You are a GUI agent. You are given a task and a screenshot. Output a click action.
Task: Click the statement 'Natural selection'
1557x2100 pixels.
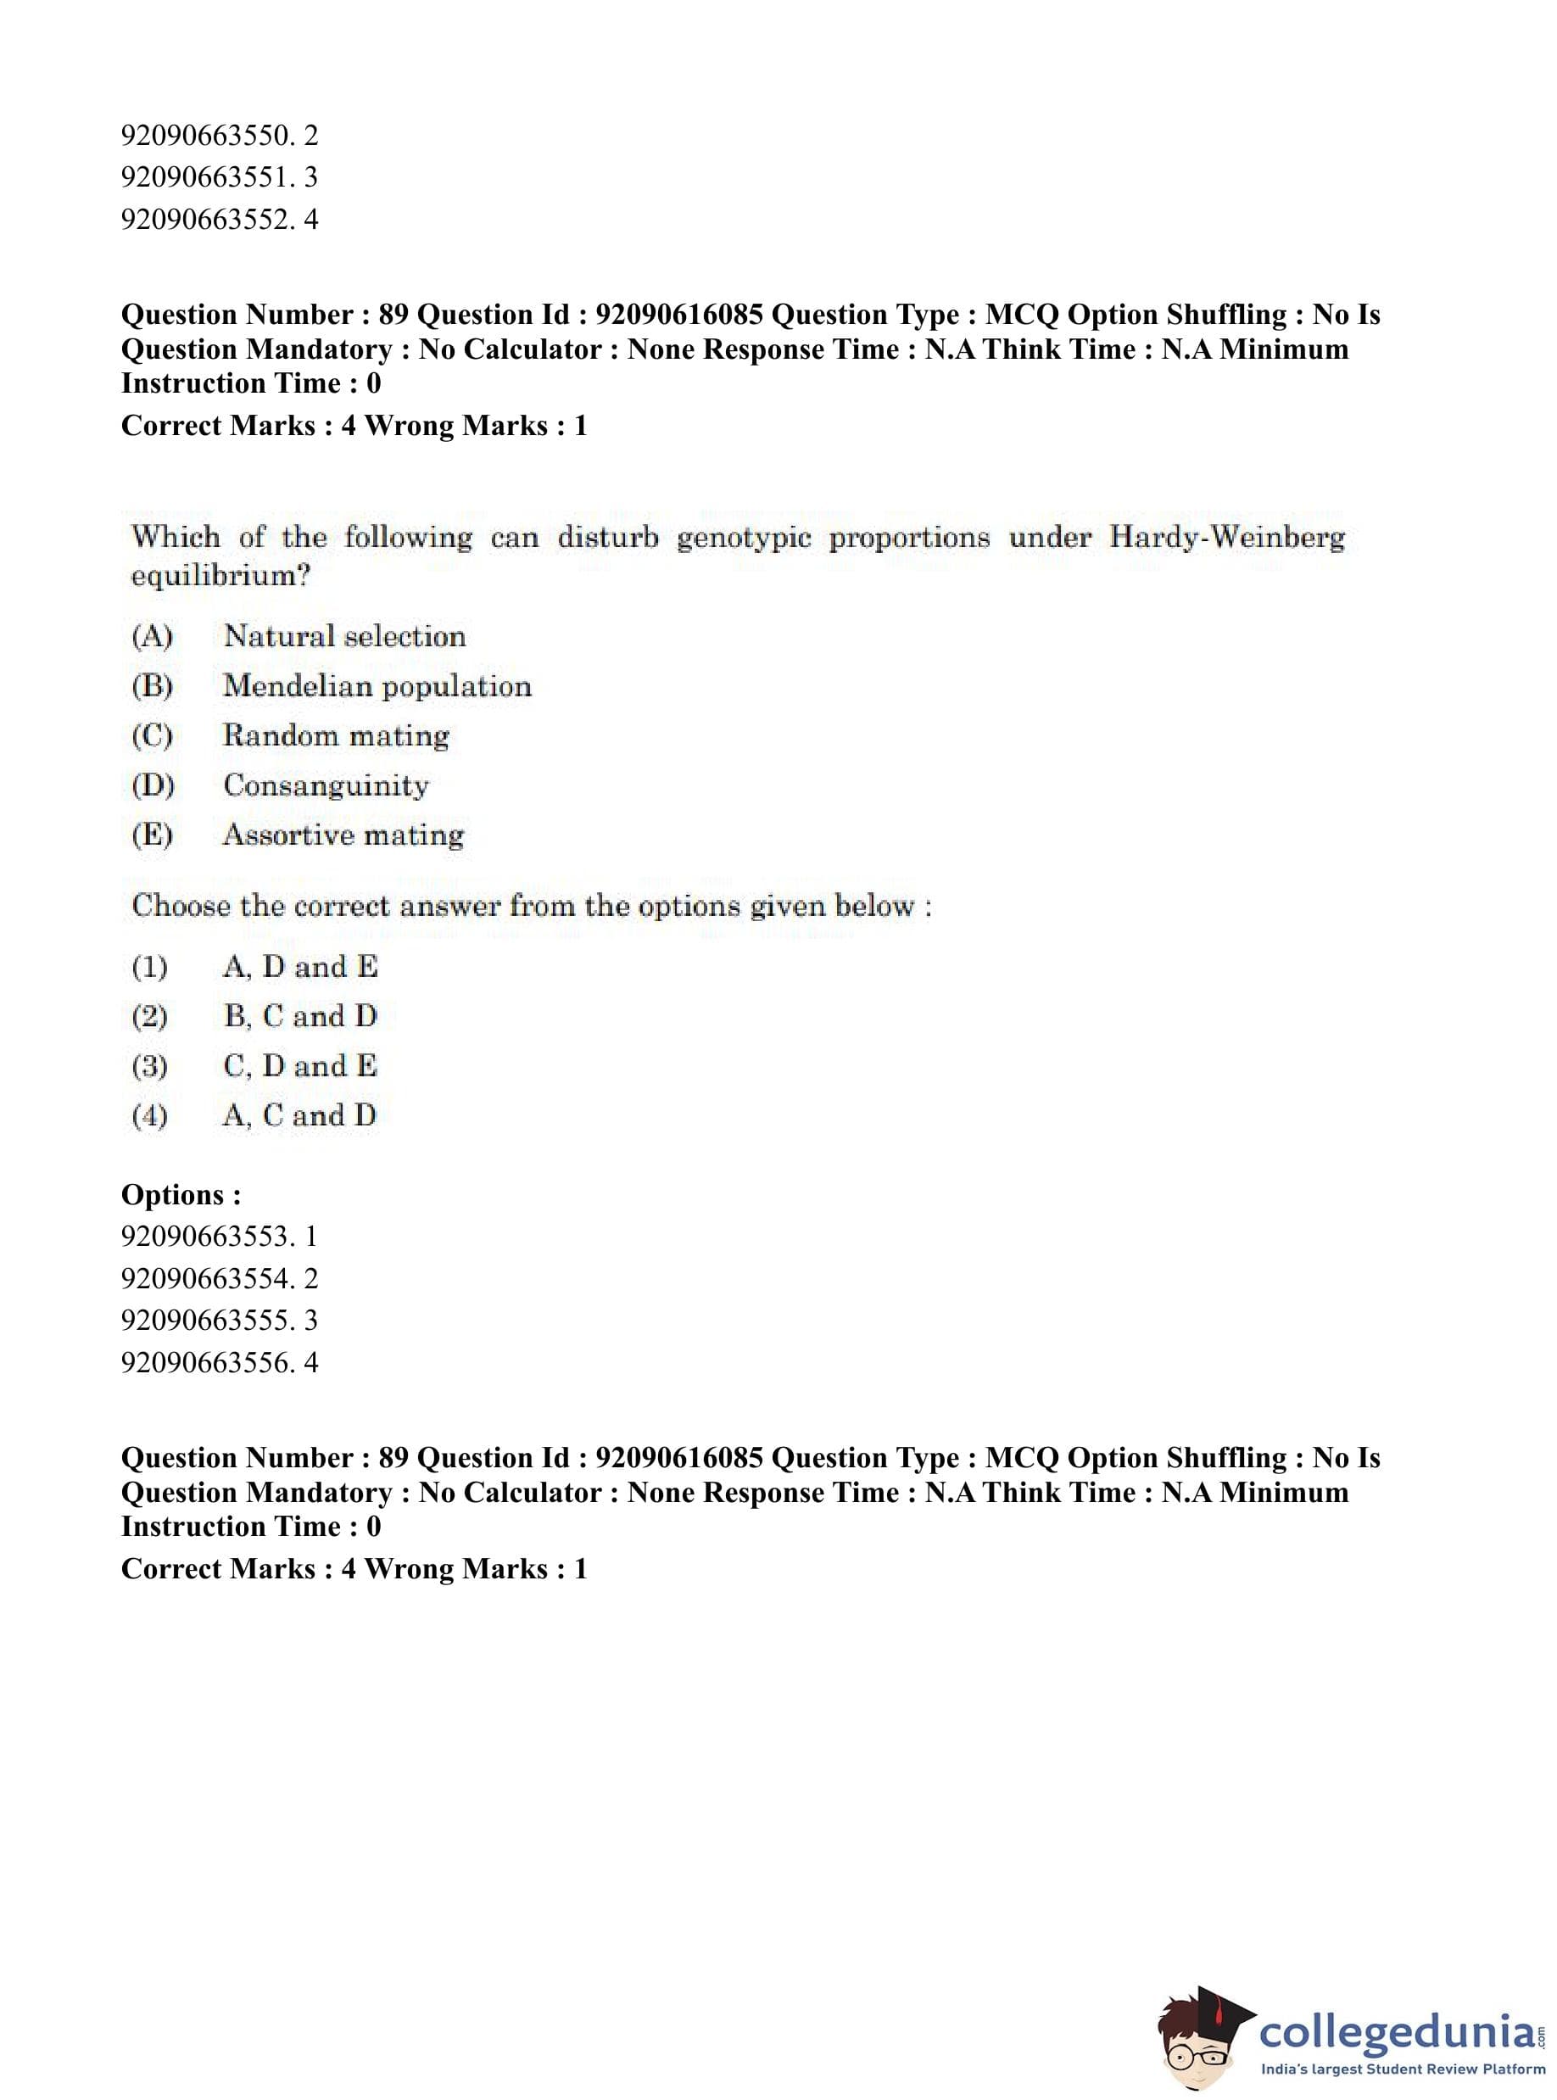click(344, 636)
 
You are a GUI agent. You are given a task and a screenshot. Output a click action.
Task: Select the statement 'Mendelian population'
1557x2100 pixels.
click(377, 686)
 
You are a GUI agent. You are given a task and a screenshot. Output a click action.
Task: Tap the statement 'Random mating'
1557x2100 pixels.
click(336, 735)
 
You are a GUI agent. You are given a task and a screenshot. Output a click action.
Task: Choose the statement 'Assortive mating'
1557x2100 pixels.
click(343, 835)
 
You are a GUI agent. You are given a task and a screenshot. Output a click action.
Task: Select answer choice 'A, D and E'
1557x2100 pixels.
click(299, 967)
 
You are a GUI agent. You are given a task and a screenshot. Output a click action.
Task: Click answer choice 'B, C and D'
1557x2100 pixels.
click(299, 1016)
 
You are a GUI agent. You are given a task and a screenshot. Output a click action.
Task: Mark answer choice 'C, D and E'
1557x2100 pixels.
click(299, 1066)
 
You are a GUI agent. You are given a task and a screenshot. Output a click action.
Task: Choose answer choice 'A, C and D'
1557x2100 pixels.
click(299, 1116)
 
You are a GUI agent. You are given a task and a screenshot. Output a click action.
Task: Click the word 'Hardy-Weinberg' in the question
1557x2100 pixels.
click(1227, 537)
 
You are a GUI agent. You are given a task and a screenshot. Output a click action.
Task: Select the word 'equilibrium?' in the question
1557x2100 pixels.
click(220, 576)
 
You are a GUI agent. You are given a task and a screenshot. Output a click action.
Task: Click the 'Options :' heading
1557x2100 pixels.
click(181, 1194)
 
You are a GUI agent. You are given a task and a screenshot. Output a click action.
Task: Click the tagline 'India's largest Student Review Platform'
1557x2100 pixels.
click(1403, 2069)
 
